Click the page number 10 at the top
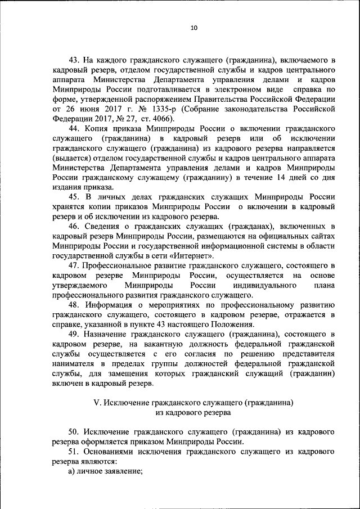click(x=194, y=28)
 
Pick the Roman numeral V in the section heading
click(x=96, y=403)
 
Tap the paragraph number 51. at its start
click(x=75, y=451)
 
